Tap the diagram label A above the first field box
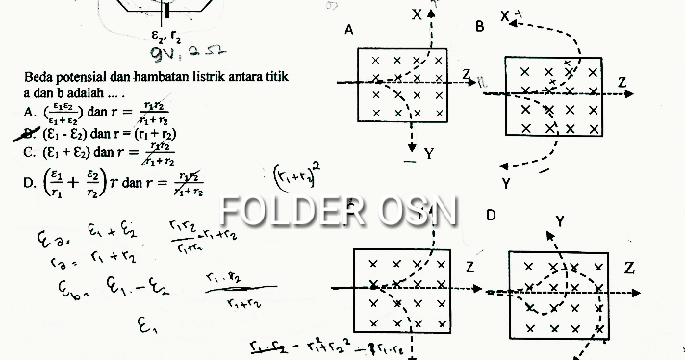(348, 31)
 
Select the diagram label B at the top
(480, 27)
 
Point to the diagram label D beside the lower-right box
(491, 215)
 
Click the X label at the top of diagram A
(417, 14)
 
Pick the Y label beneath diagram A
(428, 153)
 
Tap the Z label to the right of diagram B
(623, 83)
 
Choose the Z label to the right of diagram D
(629, 267)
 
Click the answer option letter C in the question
(29, 152)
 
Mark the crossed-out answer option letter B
(29, 134)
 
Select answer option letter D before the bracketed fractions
(29, 183)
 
